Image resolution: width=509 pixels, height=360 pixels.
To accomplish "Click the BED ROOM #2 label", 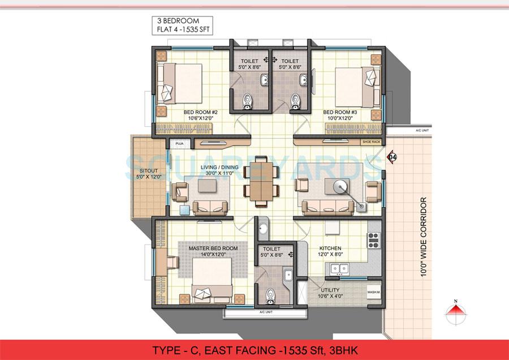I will point(201,113).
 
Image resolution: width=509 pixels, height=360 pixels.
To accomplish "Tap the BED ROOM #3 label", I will point(340,113).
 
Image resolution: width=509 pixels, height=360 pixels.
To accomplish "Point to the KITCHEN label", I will point(330,248).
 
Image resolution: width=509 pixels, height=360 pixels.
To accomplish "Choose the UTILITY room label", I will point(330,289).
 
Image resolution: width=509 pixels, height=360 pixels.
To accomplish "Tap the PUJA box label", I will point(180,143).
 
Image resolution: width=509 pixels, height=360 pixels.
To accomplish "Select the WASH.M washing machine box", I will point(373,293).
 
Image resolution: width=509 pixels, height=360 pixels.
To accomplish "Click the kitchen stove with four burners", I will point(374,241).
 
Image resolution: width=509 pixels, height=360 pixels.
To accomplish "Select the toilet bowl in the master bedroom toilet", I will point(270,294).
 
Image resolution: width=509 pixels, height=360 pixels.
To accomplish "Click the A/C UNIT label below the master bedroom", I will point(266,312).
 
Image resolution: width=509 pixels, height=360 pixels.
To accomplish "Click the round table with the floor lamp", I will point(340,186).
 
